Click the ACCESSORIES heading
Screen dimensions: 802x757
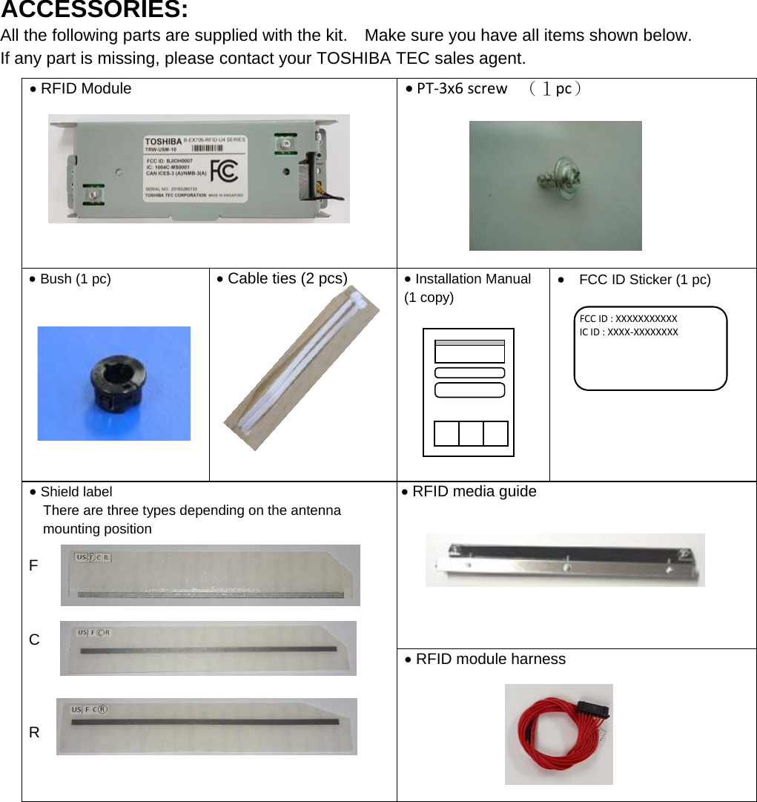[x=93, y=11]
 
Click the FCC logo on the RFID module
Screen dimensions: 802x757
[x=224, y=171]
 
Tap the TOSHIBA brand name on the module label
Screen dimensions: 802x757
[x=162, y=141]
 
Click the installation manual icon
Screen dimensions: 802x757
[x=469, y=392]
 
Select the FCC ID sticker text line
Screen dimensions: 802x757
[x=628, y=318]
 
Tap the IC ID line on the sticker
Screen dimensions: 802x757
[x=628, y=332]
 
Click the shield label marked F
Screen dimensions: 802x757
[x=211, y=575]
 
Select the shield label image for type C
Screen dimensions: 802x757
[x=208, y=648]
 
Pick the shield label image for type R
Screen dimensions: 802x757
[x=206, y=726]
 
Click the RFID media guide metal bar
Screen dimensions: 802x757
[x=565, y=560]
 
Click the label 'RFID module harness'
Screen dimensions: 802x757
[x=490, y=659]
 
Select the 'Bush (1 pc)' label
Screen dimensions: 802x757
[x=75, y=279]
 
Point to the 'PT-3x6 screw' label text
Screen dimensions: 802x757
[x=462, y=89]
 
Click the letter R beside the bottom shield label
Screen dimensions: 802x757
[x=34, y=732]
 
